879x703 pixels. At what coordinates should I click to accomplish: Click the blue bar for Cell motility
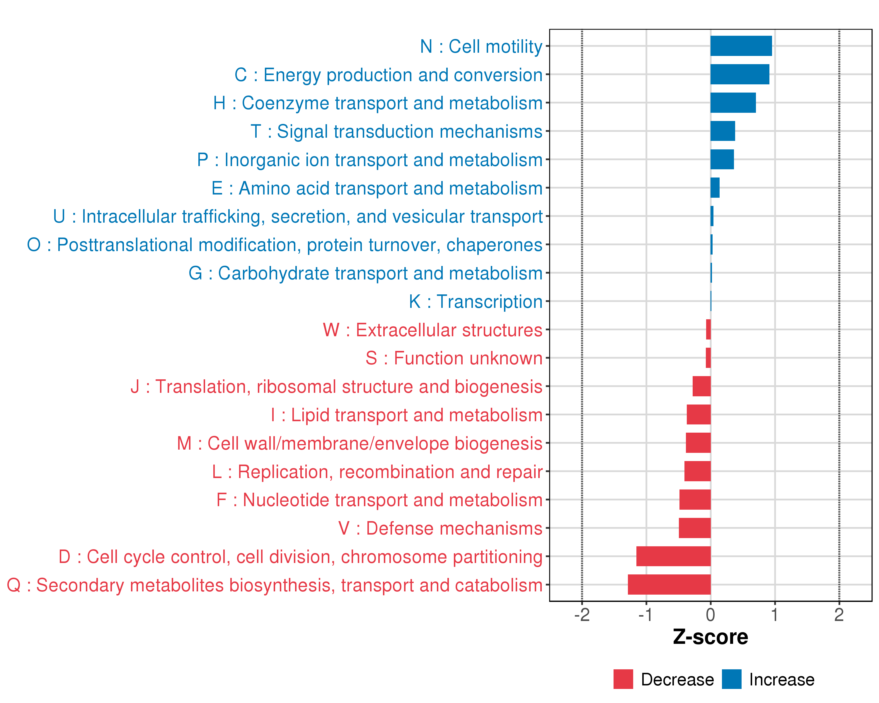pos(741,46)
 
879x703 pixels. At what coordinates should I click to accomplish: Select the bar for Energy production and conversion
pos(740,74)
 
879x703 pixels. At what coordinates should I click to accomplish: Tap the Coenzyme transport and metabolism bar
pos(732,103)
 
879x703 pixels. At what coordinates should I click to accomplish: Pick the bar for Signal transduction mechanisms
pos(723,131)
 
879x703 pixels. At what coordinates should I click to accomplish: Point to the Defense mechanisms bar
pos(694,528)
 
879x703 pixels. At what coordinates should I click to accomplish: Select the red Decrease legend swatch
pos(623,679)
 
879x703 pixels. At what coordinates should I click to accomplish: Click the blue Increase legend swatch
pos(731,679)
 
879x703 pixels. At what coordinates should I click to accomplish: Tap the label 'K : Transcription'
pos(475,302)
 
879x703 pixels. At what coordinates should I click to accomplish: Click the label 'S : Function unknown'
pos(454,358)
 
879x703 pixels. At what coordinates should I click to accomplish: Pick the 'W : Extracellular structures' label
pos(432,330)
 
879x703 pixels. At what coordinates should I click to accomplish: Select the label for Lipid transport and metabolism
pos(406,415)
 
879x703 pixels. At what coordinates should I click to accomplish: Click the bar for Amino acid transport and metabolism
pos(715,188)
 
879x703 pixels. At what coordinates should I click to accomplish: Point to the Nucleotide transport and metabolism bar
pos(695,500)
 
